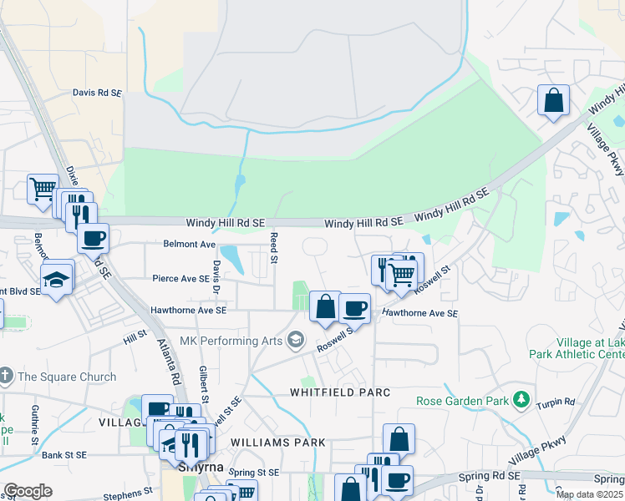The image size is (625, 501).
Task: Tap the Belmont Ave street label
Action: [190, 245]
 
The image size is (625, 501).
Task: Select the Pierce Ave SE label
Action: [180, 278]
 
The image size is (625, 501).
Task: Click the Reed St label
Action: [274, 248]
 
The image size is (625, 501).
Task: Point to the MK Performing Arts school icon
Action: [295, 340]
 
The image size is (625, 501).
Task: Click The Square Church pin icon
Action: [7, 377]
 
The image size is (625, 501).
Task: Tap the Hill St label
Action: [135, 337]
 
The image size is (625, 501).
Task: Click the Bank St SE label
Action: [65, 455]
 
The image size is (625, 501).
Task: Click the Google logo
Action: [28, 490]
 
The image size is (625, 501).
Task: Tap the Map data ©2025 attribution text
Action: [589, 494]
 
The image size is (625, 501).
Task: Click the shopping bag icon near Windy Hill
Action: [553, 100]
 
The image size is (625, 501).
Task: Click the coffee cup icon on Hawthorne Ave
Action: [355, 307]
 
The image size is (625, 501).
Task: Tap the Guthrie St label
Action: [35, 424]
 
